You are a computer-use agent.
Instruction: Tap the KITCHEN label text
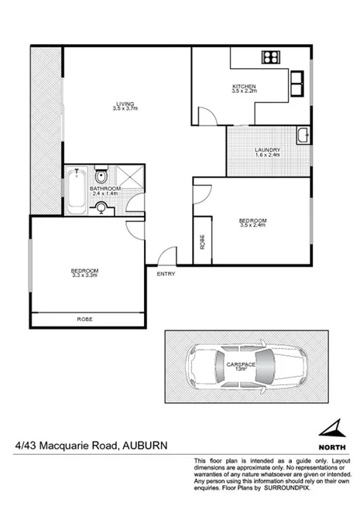pos(244,86)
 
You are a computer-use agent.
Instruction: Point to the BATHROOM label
pos(105,188)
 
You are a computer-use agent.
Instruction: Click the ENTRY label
pos(166,275)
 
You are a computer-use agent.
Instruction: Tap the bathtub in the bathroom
pos(76,191)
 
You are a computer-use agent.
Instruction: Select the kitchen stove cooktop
pos(272,56)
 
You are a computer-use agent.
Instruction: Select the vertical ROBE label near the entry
pos(202,241)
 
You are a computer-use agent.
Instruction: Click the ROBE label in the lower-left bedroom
pos(84,318)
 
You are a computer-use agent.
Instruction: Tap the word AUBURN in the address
pos(145,446)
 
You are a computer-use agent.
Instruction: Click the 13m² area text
pos(241,369)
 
